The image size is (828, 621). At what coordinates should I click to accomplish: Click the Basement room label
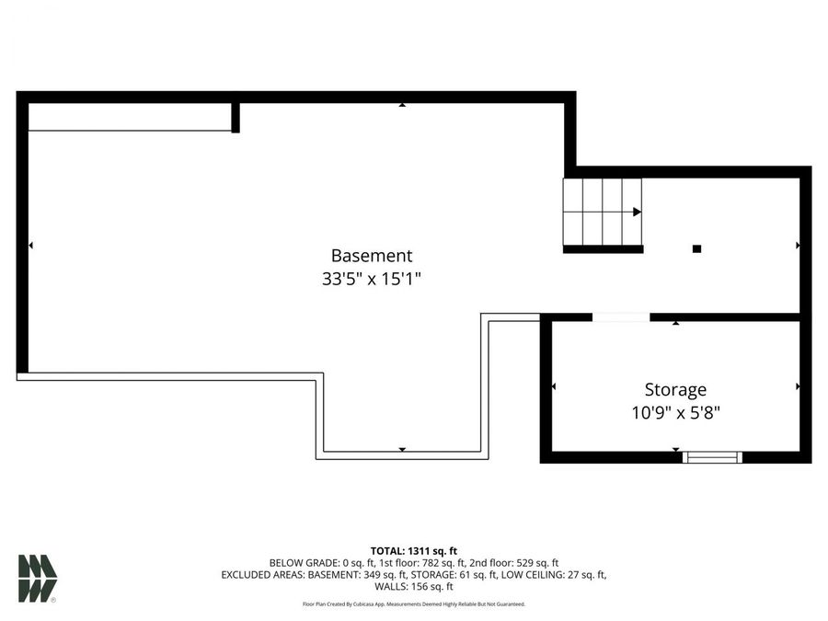372,256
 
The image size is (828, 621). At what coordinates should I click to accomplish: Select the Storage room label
675,389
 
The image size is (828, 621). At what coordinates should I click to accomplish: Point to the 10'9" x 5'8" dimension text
675,412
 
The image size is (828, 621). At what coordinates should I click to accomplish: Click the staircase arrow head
637,212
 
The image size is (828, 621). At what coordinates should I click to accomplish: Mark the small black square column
696,248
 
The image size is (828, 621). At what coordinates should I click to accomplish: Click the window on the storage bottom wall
712,456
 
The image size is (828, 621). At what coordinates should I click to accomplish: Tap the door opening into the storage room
621,317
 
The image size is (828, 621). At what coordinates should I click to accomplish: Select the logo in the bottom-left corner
38,579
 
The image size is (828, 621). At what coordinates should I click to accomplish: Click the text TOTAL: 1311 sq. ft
413,549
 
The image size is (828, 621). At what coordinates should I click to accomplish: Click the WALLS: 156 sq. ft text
413,586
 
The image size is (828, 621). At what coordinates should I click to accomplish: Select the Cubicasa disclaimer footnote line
413,604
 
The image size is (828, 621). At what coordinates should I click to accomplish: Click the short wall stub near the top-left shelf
236,118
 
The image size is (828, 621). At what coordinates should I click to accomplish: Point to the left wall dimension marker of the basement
31,246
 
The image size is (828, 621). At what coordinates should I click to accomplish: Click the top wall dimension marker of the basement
402,105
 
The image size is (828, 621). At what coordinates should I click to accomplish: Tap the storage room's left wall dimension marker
553,386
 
